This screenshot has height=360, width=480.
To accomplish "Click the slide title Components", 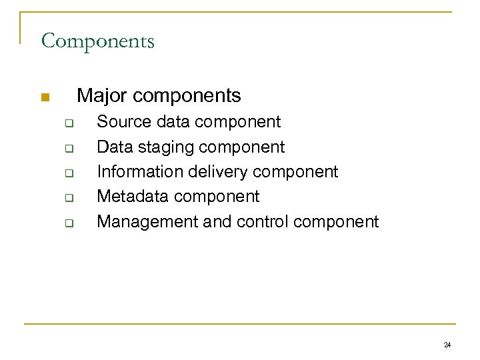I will (97, 41).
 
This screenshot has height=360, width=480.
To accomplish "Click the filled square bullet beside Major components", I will (45, 99).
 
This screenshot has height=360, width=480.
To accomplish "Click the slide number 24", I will (447, 344).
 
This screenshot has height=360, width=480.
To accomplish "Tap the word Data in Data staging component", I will (113, 147).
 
